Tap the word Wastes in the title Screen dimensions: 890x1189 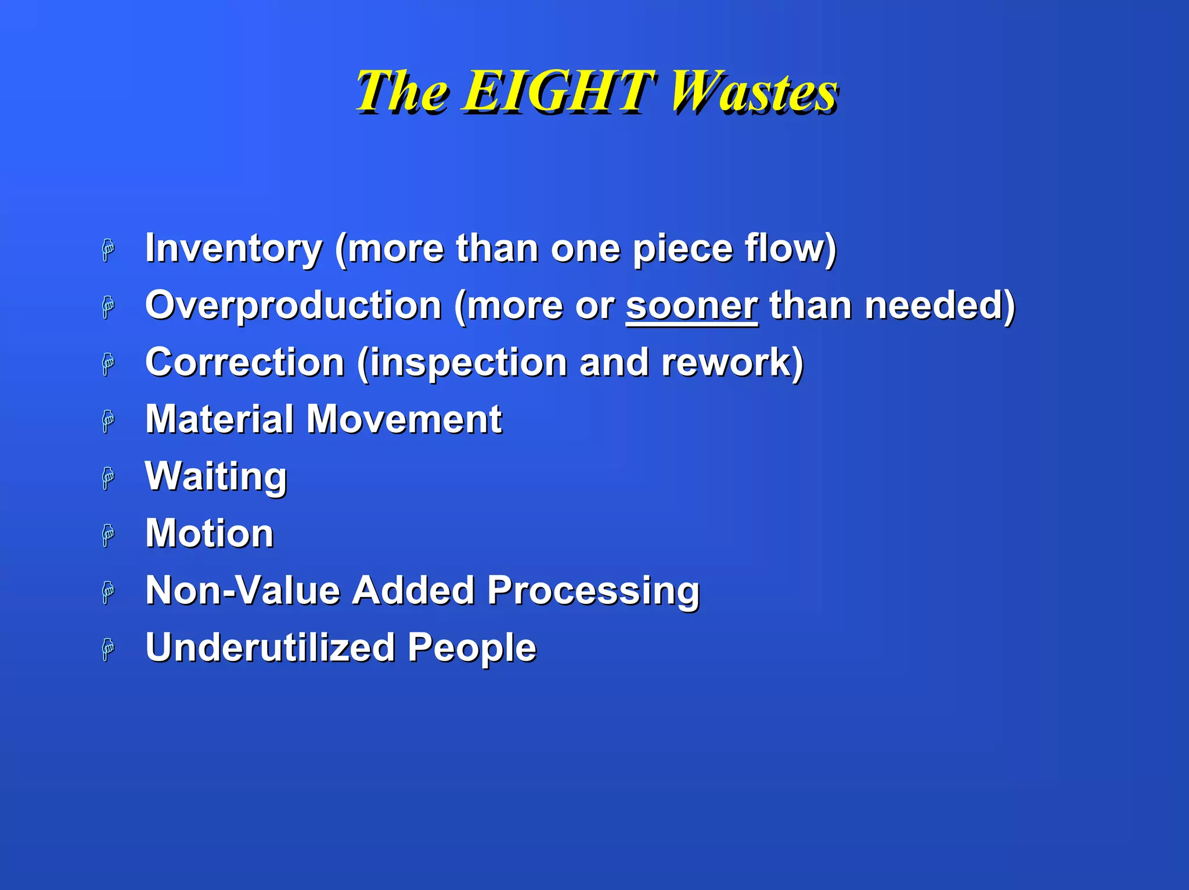click(x=754, y=91)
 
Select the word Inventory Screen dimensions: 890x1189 click(x=233, y=248)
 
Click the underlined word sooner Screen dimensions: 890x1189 click(x=691, y=305)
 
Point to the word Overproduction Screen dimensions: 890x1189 click(x=294, y=305)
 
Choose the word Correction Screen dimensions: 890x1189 click(x=245, y=363)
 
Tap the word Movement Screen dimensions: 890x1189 click(x=404, y=419)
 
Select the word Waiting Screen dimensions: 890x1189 click(x=216, y=476)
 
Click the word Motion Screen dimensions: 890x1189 click(x=209, y=533)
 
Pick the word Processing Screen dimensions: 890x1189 click(x=593, y=590)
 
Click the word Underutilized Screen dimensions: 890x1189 click(x=270, y=647)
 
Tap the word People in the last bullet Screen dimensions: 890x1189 click(x=471, y=647)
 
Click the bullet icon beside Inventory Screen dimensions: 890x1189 click(x=108, y=251)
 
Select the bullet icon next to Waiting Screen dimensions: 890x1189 click(x=108, y=479)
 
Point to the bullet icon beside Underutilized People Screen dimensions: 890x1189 click(x=108, y=649)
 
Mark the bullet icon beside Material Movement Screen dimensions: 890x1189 click(x=108, y=421)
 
